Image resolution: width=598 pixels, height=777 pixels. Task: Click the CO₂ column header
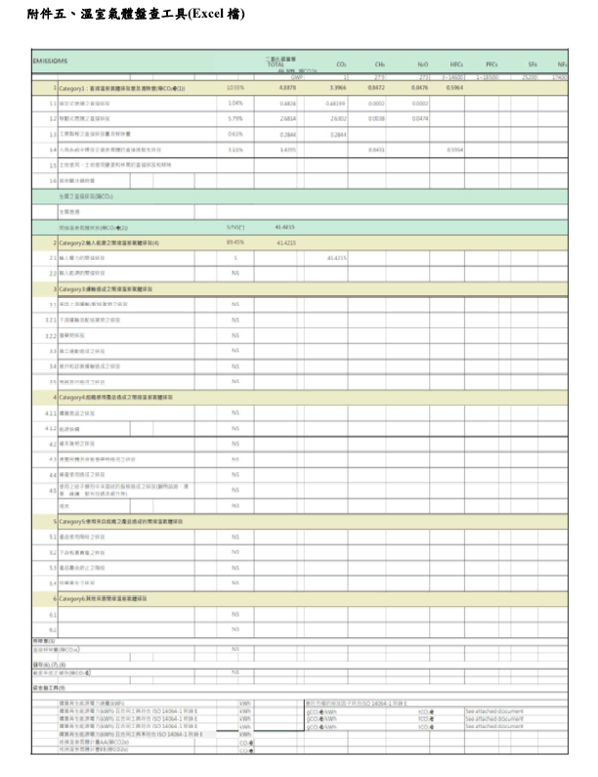coord(341,64)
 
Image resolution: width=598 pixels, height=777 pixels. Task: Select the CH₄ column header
coord(379,64)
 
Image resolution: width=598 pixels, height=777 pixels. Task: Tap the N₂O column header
coord(422,64)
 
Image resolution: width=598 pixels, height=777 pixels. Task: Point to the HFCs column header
coord(457,64)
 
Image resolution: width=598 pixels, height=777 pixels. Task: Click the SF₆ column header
coord(533,64)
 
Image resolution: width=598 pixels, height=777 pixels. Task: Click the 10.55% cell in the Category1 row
coord(235,88)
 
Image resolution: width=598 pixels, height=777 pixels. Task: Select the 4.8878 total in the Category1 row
coord(288,88)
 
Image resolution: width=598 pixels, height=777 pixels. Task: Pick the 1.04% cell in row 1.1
coord(235,103)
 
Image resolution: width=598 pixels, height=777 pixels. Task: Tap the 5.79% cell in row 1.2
coord(235,118)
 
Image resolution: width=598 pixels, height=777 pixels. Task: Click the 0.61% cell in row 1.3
coord(235,134)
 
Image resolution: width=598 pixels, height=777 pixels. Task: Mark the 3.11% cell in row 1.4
coord(235,150)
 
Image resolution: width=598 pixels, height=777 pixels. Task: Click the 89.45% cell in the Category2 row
coord(235,241)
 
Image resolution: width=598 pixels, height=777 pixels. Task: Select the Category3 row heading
coord(107,289)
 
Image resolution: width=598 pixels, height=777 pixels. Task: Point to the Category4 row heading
coord(118,398)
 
